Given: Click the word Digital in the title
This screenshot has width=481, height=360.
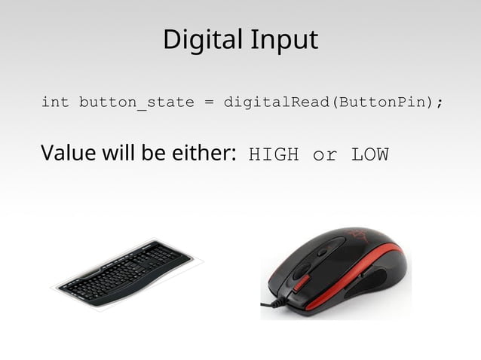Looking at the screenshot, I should tap(198, 40).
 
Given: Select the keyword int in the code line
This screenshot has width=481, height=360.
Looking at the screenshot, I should tap(54, 102).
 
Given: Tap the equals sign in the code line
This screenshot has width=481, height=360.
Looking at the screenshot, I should tap(208, 102).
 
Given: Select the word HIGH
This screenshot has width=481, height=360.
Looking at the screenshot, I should tap(274, 156).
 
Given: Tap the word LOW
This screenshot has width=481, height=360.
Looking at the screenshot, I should tap(369, 156).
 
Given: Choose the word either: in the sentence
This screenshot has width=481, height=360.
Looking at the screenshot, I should tap(198, 154).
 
